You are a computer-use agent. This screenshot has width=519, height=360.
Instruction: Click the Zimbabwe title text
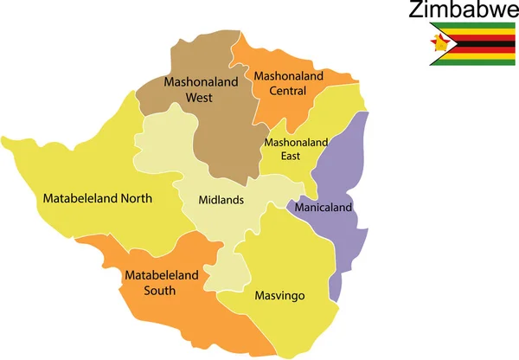coord(458,11)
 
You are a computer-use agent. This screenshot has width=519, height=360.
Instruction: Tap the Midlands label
coord(221,200)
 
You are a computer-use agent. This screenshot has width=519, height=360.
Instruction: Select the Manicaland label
coord(324,209)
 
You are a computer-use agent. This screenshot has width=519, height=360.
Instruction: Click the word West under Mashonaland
coord(199,98)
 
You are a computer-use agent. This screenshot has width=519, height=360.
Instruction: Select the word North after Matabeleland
coord(136,198)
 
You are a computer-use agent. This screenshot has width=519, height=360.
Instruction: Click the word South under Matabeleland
coord(161,290)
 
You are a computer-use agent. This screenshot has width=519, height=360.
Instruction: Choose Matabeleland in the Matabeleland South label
coord(162,275)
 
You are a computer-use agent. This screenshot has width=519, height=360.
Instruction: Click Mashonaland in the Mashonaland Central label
coord(288,75)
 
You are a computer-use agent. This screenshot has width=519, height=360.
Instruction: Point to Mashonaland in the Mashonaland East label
coord(297,142)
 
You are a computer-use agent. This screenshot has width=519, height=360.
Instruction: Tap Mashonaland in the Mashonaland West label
coord(199,84)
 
